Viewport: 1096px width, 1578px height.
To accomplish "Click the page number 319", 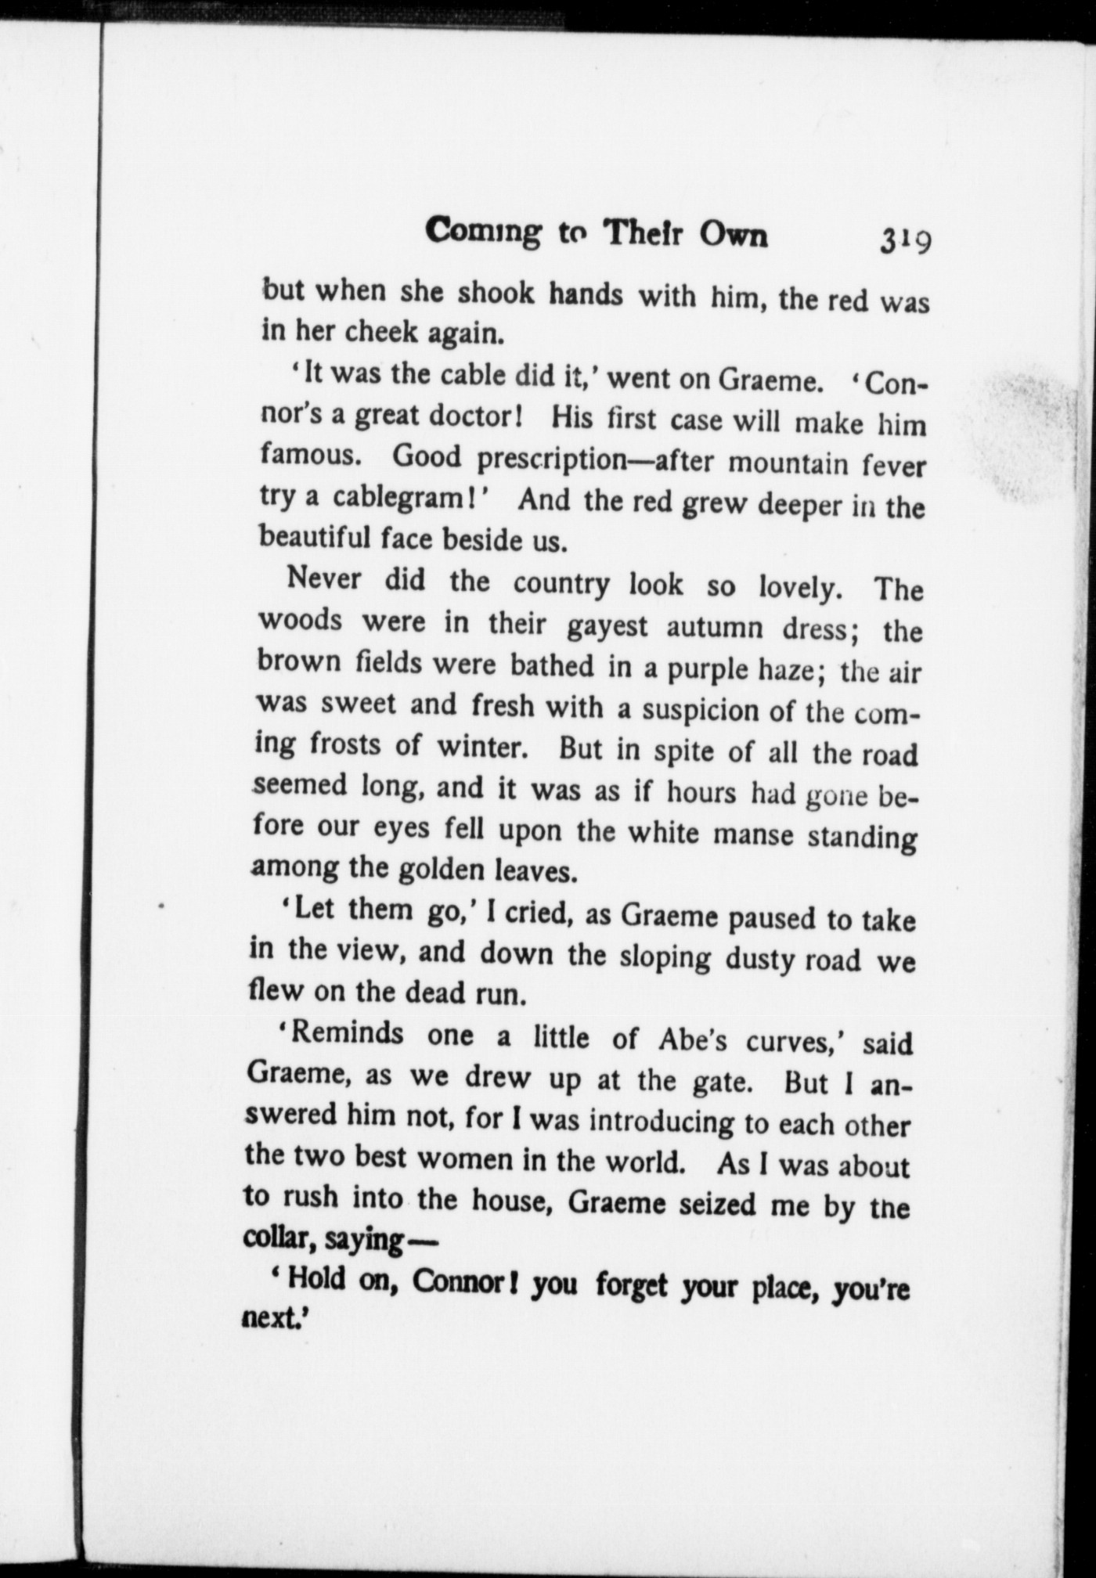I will tap(904, 239).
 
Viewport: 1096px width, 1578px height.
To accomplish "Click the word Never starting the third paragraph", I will tap(324, 579).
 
